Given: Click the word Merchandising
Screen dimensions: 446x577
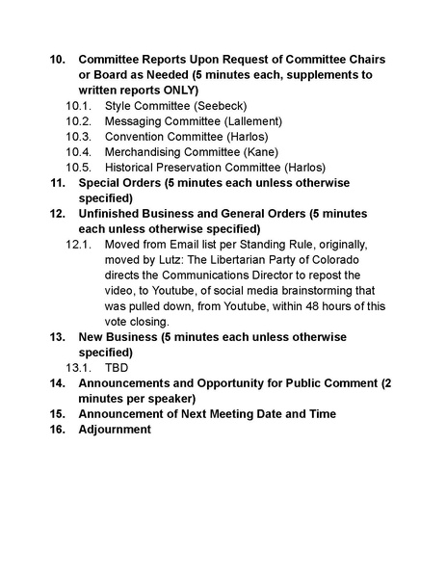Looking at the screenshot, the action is [143, 151].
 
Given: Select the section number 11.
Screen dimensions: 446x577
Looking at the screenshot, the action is [57, 182].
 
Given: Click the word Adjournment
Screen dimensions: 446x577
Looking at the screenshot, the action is [115, 429].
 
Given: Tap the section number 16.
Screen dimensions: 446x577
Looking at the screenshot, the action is [57, 429].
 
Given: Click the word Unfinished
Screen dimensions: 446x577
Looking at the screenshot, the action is [112, 213].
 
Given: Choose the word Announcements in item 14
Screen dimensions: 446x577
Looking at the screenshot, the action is [126, 382].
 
